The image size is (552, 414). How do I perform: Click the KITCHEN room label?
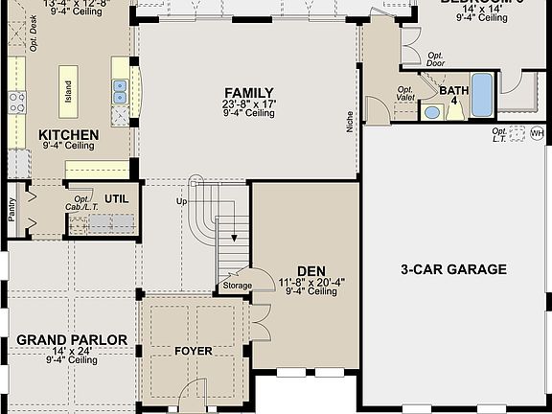pos(68,135)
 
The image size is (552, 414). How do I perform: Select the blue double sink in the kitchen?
pos(120,92)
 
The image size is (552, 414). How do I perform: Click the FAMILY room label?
pos(249,93)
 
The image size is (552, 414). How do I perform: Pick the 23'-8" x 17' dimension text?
pos(249,103)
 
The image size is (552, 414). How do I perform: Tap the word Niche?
pos(351,121)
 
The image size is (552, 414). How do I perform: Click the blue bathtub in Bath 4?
pos(481,93)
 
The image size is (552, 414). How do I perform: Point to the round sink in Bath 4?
pos(431,112)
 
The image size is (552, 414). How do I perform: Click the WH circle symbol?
pos(537,133)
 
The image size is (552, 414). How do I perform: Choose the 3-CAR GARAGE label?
pos(453,269)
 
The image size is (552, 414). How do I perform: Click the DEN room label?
pos(310,271)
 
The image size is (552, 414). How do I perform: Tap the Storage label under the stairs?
pos(237,286)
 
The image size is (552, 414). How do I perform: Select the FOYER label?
pos(193,351)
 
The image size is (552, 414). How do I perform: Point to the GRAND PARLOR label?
pos(72,340)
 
